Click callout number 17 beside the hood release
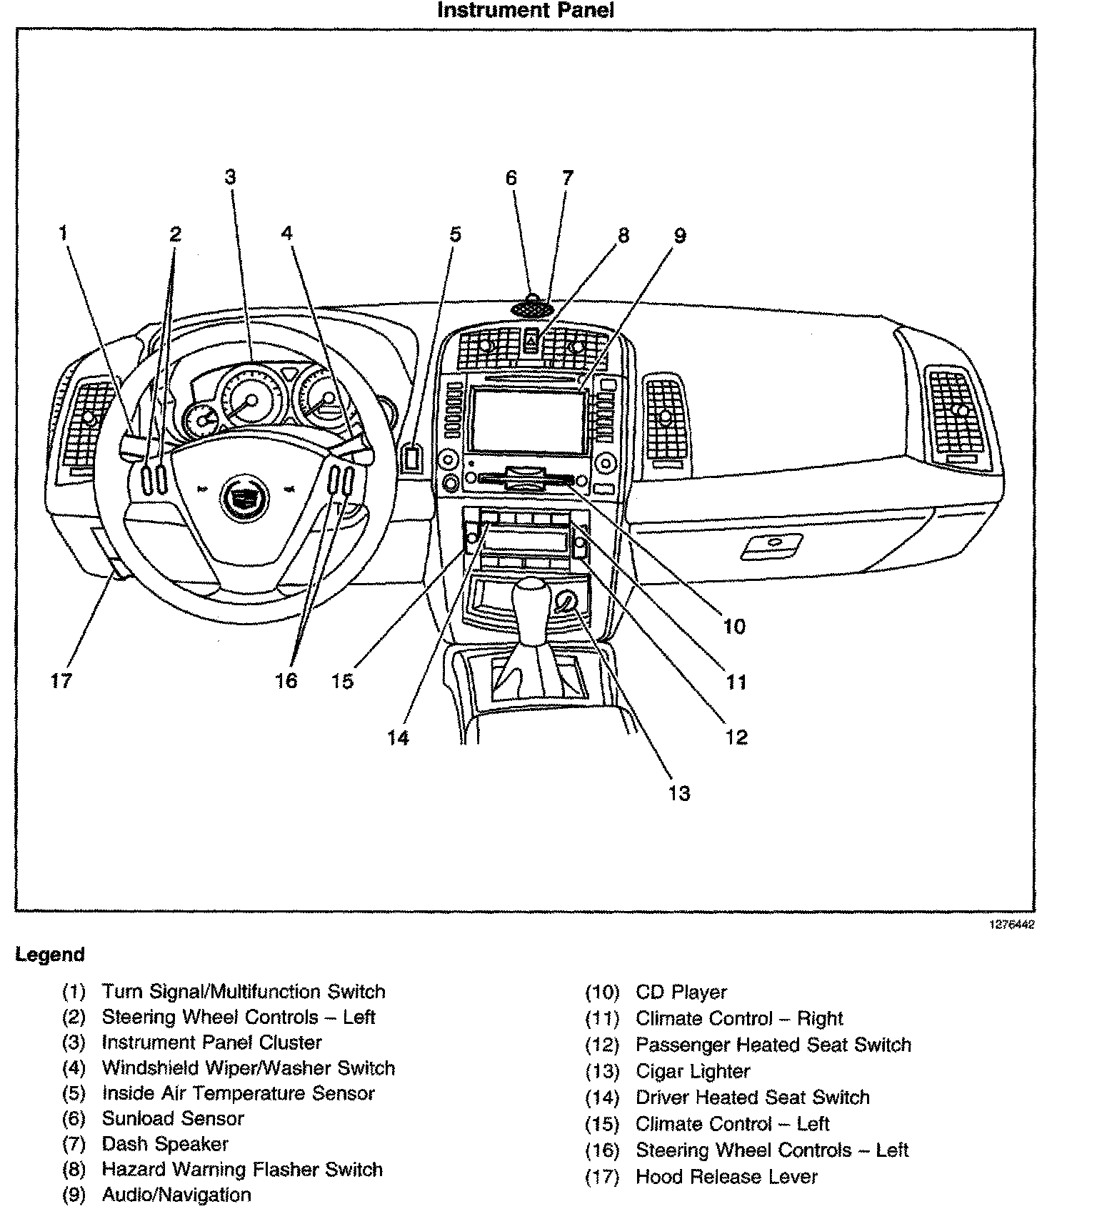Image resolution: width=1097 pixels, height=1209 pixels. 61,680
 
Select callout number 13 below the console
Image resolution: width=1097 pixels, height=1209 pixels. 679,793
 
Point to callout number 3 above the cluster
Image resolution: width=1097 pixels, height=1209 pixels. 230,176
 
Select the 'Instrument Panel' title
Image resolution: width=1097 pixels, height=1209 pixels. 525,11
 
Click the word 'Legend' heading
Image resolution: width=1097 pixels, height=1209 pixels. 50,955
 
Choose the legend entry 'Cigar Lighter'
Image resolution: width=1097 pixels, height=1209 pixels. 692,1071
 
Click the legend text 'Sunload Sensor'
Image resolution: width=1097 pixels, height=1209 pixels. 173,1118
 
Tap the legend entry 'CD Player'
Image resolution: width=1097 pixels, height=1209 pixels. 681,992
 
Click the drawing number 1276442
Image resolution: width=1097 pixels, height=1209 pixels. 1011,925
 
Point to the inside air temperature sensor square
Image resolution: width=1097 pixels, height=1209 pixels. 411,457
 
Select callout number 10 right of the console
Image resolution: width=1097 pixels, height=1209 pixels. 734,627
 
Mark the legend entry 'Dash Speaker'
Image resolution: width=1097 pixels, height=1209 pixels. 165,1144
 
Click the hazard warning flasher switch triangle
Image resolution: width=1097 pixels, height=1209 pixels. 531,342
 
